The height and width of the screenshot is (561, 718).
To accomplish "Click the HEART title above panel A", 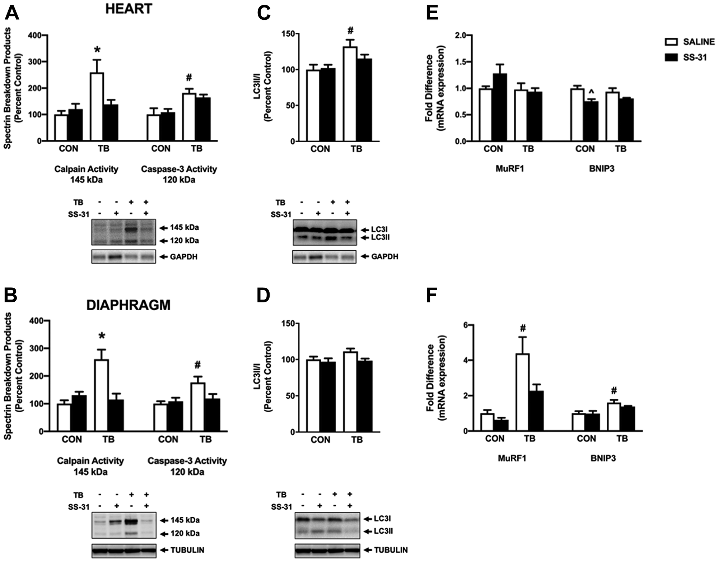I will pyautogui.click(x=129, y=9).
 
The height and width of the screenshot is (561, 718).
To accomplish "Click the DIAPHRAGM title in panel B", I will pyautogui.click(x=128, y=305).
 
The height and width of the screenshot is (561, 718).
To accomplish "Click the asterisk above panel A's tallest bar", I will pyautogui.click(x=97, y=50).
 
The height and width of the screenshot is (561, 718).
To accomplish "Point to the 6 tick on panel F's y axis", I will pyautogui.click(x=465, y=325).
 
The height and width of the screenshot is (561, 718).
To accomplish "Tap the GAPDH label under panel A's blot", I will pyautogui.click(x=183, y=257).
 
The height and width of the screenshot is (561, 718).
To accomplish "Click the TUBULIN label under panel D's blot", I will pyautogui.click(x=391, y=550).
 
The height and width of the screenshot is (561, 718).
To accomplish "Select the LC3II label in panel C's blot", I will pyautogui.click(x=380, y=237).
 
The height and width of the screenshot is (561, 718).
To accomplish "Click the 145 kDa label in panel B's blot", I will pyautogui.click(x=185, y=520).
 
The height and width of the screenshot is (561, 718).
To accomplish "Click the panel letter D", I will pyautogui.click(x=264, y=296).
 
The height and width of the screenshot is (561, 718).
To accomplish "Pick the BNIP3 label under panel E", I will pyautogui.click(x=602, y=168).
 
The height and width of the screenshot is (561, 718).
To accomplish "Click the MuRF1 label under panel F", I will pyautogui.click(x=512, y=458).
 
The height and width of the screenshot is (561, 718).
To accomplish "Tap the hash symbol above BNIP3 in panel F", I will pyautogui.click(x=614, y=390).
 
